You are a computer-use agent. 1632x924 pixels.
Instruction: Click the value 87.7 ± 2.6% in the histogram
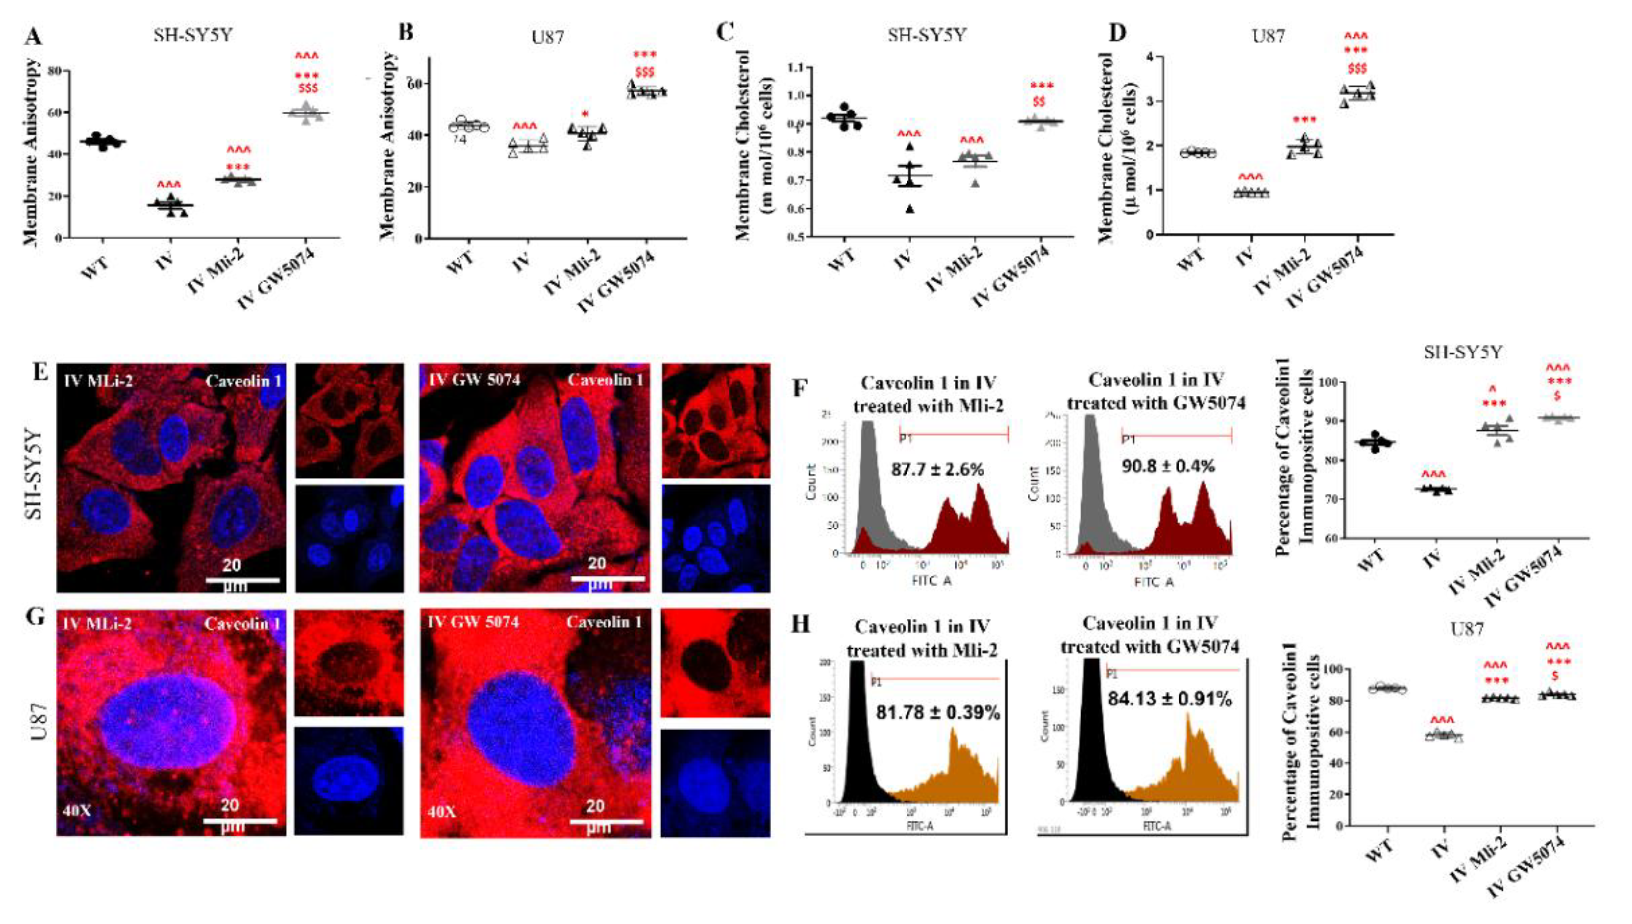pos(937,469)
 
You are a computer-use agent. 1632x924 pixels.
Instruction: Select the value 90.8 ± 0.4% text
pos(1167,466)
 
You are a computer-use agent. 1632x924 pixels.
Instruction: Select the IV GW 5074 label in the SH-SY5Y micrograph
pos(474,380)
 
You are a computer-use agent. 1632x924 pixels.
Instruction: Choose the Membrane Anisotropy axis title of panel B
pos(387,146)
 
